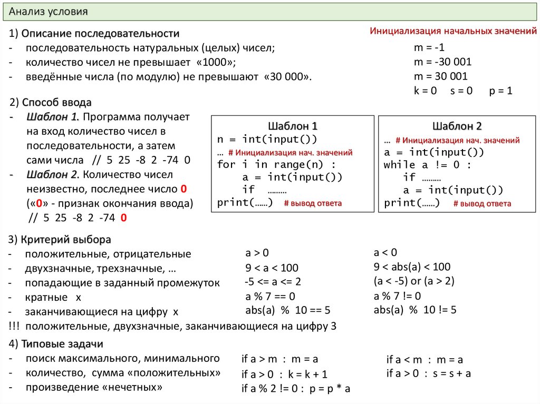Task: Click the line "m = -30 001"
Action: pyautogui.click(x=442, y=62)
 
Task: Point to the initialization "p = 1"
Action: pyautogui.click(x=500, y=90)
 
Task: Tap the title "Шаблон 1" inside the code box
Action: pyautogui.click(x=293, y=126)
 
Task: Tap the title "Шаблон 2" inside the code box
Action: pyautogui.click(x=457, y=126)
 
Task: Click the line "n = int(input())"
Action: pyautogui.click(x=267, y=140)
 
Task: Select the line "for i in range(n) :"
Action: pyautogui.click(x=276, y=164)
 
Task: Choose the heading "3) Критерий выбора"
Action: pyautogui.click(x=60, y=240)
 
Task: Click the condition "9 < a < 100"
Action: pyautogui.click(x=272, y=267)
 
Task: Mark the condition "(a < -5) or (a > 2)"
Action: pyautogui.click(x=414, y=280)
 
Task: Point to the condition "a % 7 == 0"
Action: pyautogui.click(x=270, y=295)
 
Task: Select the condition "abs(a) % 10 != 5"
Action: pyautogui.click(x=415, y=310)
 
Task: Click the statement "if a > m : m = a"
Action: pyautogui.click(x=280, y=359)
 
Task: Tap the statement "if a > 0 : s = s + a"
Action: pyautogui.click(x=428, y=373)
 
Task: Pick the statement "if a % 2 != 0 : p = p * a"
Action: pyautogui.click(x=296, y=389)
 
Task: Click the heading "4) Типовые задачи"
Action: pyautogui.click(x=56, y=344)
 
